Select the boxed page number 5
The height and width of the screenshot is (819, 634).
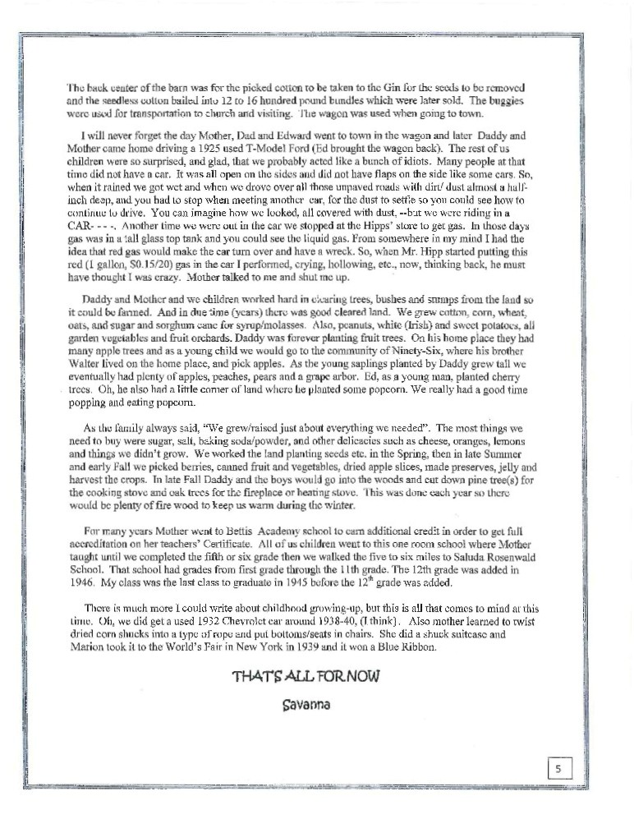[558, 769]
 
